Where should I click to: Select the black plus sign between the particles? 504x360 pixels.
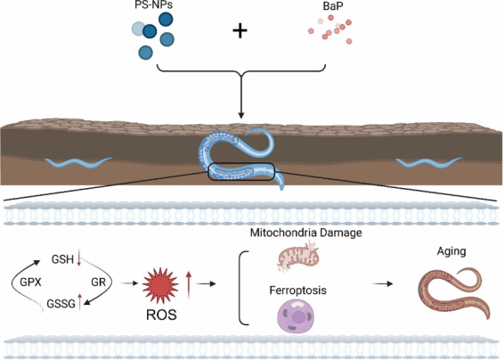coord(240,31)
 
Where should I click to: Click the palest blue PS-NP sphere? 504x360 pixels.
coord(138,29)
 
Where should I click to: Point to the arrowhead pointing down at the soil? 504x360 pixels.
coord(240,115)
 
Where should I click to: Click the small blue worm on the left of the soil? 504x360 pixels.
coord(78,162)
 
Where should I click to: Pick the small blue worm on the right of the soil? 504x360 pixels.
coord(429,163)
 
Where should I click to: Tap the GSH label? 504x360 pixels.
coord(62,259)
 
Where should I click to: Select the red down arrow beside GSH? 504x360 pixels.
coord(79,258)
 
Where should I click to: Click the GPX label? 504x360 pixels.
coord(30,282)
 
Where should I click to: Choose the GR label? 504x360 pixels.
coord(98,282)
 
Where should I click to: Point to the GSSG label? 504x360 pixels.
coord(61,303)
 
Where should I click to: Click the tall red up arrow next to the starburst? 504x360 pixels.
coord(189,285)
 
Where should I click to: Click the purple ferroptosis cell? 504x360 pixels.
coord(296,316)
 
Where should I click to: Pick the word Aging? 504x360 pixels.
coord(451,251)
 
